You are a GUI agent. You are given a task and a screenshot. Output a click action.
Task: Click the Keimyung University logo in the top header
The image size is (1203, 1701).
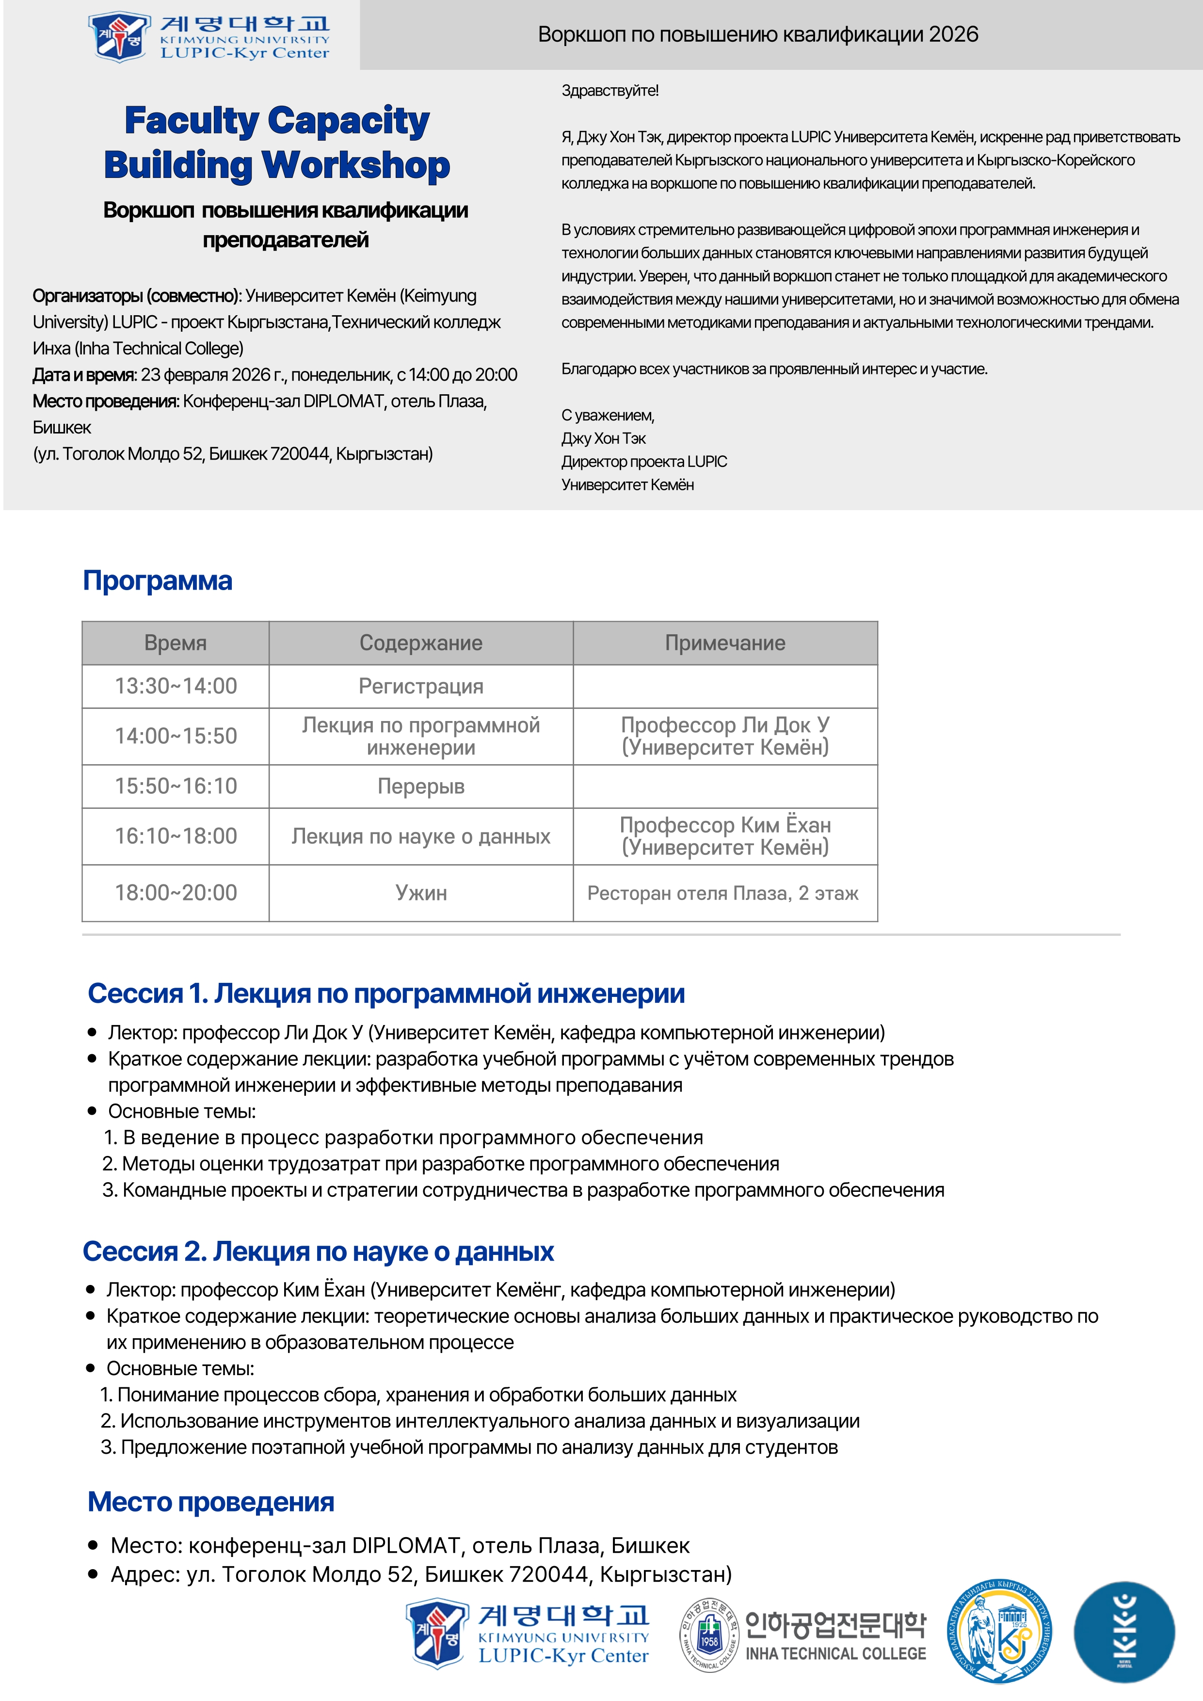pos(208,35)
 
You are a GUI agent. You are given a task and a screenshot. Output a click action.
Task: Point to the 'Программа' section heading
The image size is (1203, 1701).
pos(158,581)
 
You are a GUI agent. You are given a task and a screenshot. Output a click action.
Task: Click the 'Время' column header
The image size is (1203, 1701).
pos(176,643)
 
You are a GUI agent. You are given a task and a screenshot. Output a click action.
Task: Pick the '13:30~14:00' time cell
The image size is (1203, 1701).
pos(176,686)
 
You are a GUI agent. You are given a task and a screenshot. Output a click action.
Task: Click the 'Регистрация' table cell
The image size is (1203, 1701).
pos(421,686)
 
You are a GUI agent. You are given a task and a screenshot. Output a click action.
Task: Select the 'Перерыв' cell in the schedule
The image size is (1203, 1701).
pos(421,786)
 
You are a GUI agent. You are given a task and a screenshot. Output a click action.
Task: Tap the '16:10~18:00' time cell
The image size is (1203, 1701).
pos(176,836)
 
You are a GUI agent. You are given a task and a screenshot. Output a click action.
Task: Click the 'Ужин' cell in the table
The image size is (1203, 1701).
pos(421,893)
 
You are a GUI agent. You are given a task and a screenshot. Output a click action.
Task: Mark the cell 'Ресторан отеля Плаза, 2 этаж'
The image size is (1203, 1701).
pos(722,893)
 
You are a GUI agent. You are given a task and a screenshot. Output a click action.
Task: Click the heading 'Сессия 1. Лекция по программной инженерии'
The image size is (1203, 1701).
pos(386,994)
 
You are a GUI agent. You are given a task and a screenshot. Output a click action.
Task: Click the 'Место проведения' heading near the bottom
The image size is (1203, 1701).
pos(211,1502)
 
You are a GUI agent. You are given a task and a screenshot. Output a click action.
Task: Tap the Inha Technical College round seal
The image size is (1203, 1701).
pos(709,1634)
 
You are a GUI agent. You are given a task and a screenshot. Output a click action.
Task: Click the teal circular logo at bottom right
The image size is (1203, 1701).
pos(1124,1632)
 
